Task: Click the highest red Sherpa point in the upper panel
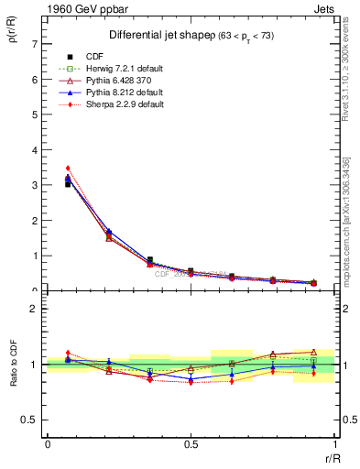click(68, 169)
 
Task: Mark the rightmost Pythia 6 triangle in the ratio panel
click(313, 351)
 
